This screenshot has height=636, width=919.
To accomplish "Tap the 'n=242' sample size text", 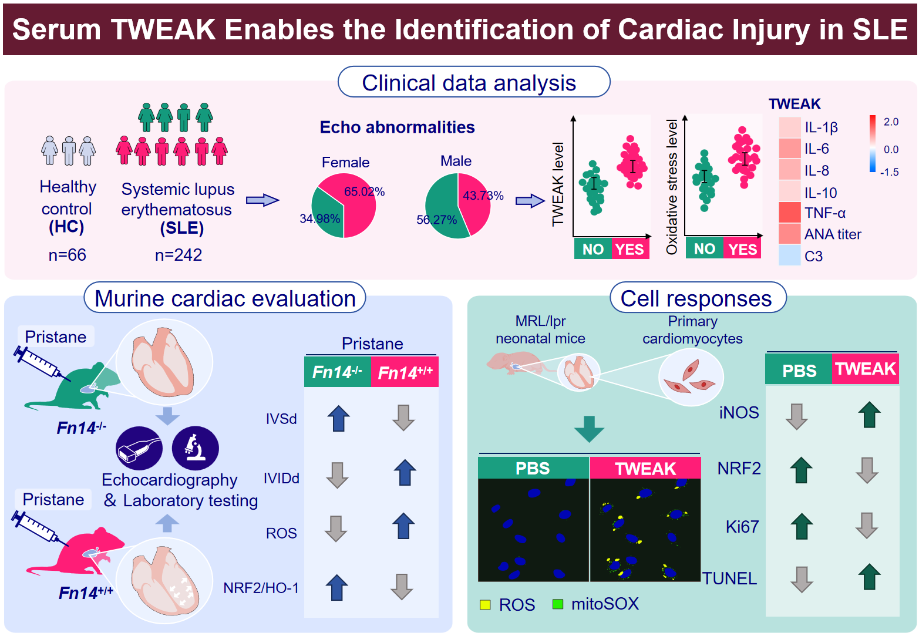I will (179, 255).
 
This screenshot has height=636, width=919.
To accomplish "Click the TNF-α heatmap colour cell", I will (790, 213).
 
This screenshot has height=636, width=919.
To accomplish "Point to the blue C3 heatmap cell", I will (790, 255).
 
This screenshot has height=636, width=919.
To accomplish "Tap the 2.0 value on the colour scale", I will (891, 122).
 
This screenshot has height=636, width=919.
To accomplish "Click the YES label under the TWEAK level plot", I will (630, 249).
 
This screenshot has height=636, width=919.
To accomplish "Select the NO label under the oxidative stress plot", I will (704, 249).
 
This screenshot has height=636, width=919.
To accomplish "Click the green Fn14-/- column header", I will (337, 372).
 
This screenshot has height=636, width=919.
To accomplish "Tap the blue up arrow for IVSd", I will (338, 418).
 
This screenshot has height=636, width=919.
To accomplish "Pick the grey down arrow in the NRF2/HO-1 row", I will (402, 587).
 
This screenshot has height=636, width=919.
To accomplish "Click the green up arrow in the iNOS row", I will (869, 415).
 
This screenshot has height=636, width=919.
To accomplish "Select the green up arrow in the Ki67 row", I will (802, 526).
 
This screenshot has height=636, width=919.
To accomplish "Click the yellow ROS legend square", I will (485, 604).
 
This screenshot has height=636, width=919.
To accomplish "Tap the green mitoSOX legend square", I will (558, 604).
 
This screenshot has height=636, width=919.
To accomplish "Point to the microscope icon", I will (195, 448).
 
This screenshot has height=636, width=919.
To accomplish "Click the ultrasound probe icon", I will (139, 448).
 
